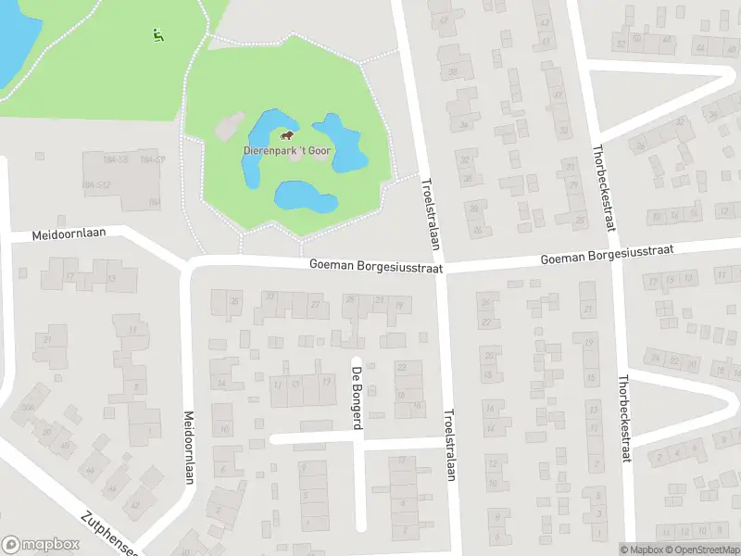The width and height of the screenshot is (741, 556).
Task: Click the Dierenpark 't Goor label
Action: [x=287, y=151]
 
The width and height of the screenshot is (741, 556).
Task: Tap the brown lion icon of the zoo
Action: [x=287, y=134]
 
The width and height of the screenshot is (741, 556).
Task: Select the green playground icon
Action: [x=157, y=35]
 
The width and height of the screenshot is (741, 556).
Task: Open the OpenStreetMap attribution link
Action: [x=703, y=550]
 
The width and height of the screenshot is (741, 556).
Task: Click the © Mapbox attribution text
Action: [x=642, y=550]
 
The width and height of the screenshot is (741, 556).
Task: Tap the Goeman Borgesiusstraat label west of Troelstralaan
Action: [x=376, y=266]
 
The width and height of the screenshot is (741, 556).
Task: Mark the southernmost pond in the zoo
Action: [x=302, y=196]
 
